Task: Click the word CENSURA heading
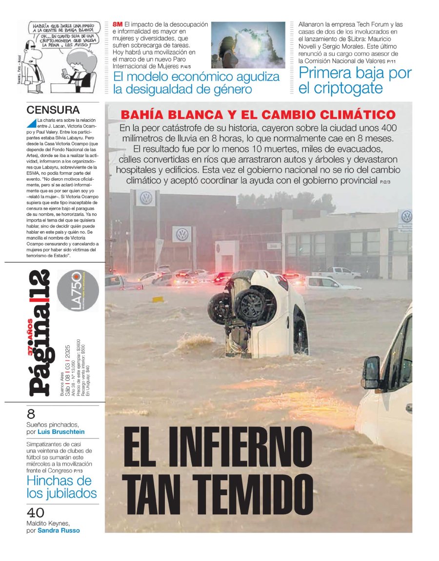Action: coord(53,110)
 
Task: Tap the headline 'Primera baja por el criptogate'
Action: coord(355,81)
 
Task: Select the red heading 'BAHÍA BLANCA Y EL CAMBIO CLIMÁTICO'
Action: coord(258,115)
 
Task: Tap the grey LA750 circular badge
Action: coord(78,291)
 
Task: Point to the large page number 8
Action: coord(31,414)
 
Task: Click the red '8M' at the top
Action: coord(118,24)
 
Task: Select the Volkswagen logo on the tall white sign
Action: coord(146,198)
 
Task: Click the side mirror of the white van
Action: coord(371,372)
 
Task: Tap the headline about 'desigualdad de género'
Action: coord(196,83)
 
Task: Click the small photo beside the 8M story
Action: coord(248,45)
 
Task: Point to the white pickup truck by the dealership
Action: coord(336,273)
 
